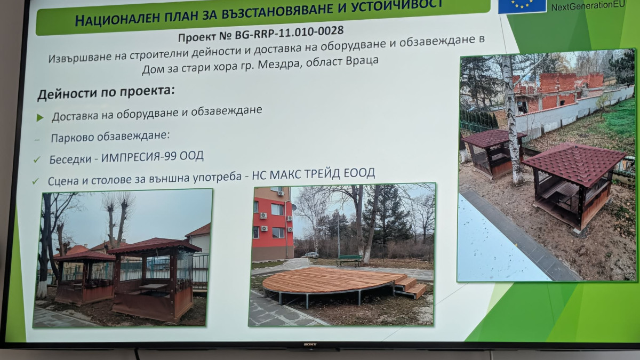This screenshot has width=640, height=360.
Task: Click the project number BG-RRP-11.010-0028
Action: [x=289, y=33]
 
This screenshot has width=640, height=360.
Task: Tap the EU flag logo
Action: [x=522, y=6]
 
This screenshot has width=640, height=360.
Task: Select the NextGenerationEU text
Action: [x=588, y=6]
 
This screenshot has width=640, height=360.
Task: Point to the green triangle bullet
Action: [x=40, y=117]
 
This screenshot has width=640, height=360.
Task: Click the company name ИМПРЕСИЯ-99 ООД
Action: [x=153, y=157]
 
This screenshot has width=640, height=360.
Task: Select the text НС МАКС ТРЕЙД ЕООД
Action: [x=313, y=174]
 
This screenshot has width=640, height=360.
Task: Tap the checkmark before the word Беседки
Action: [x=37, y=159]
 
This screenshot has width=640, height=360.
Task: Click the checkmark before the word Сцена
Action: [x=35, y=181]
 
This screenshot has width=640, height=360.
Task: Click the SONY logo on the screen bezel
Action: [x=310, y=345]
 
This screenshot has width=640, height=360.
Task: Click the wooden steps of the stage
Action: [x=410, y=286]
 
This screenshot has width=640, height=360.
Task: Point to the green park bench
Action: [x=349, y=260]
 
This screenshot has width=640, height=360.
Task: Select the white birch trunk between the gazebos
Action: [x=512, y=119]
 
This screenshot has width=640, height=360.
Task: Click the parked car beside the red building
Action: [x=310, y=254]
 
